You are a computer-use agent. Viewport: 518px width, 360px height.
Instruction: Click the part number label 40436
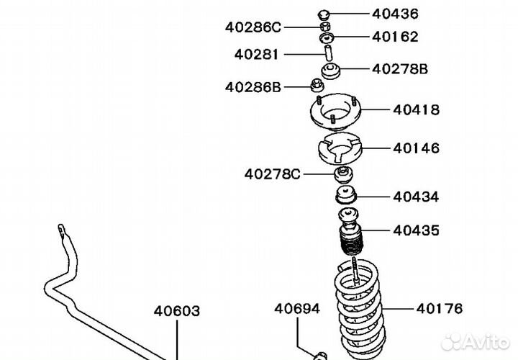tap(395, 14)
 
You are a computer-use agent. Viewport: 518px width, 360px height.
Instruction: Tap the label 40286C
tap(253, 27)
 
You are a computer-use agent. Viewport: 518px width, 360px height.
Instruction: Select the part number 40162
tap(395, 37)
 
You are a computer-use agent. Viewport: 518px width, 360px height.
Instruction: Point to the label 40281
tap(256, 55)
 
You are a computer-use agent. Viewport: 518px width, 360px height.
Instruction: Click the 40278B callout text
tap(400, 69)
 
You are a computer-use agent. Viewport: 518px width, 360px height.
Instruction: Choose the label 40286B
tap(253, 87)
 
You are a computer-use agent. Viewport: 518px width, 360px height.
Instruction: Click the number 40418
tap(417, 109)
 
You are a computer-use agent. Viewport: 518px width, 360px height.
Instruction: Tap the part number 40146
tap(417, 148)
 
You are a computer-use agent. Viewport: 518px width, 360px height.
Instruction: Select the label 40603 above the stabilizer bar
tap(177, 311)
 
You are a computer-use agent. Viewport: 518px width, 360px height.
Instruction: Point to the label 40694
tap(297, 309)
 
